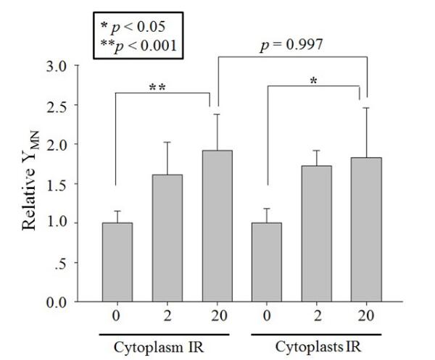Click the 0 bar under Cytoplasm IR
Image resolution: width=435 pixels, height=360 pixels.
(117, 261)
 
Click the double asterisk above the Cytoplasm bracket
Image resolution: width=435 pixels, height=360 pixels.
(159, 88)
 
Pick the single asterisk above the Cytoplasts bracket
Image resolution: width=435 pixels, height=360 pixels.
(313, 81)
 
